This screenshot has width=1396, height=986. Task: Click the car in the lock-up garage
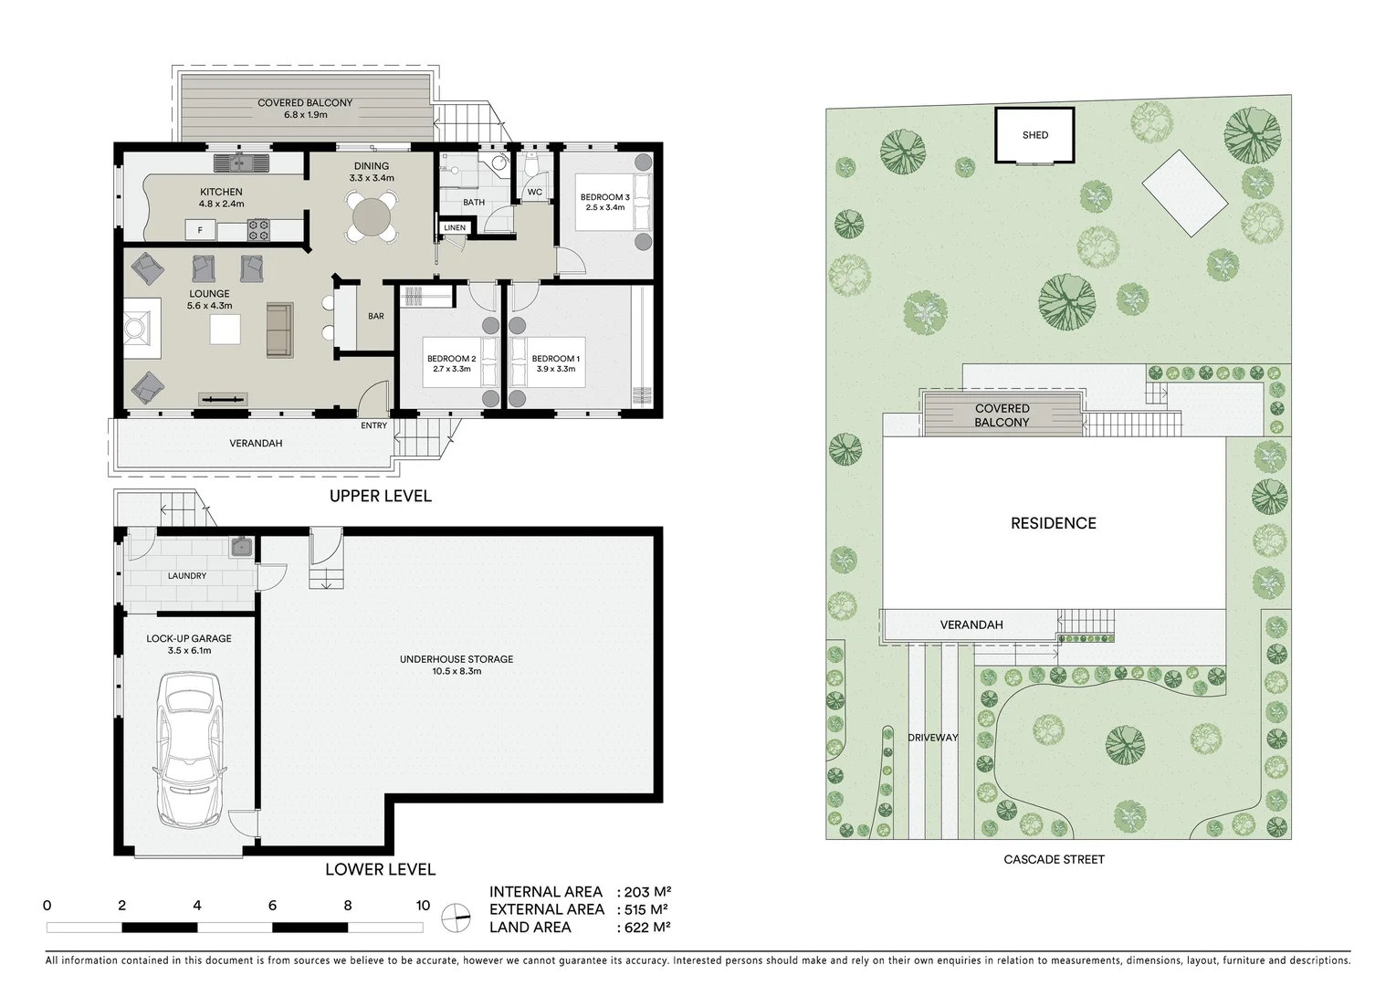[x=191, y=750]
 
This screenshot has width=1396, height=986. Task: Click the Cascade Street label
[x=1054, y=859]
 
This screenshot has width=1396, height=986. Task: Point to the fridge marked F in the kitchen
[x=200, y=230]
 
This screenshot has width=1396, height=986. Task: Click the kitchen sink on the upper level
[x=242, y=163]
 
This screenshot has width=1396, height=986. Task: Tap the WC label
[x=534, y=193]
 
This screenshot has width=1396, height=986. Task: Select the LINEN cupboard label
[x=455, y=227]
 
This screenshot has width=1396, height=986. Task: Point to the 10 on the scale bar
[x=422, y=906]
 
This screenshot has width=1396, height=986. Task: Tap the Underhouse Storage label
[x=457, y=659]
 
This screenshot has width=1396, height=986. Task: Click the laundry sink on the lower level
[x=241, y=548]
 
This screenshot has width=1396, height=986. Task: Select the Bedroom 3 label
[x=604, y=197]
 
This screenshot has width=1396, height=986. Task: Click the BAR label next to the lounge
[x=375, y=316]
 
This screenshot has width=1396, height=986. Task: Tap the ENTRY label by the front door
[x=373, y=425]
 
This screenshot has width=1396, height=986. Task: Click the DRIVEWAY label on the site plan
[x=932, y=737]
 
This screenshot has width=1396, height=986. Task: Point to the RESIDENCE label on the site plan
[x=1053, y=523]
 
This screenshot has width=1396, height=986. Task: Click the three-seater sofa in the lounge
[x=278, y=330]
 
